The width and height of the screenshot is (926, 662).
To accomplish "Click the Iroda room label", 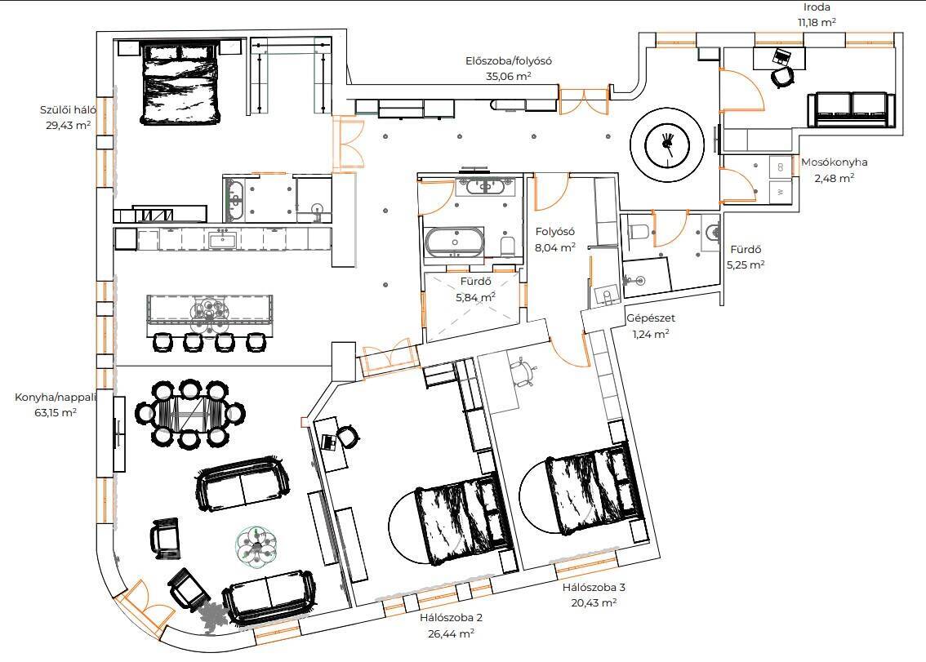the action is tap(817, 7).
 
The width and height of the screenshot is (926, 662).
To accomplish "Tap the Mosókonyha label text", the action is tap(834, 162).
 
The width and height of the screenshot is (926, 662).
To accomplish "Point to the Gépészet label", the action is tap(650, 318).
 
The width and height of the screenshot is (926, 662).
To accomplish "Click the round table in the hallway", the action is tap(667, 144).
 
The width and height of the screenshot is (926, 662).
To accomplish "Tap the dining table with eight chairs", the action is tap(190, 413).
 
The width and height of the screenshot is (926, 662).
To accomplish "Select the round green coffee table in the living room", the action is tap(257, 546).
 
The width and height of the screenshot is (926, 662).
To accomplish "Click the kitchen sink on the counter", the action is tap(222, 240).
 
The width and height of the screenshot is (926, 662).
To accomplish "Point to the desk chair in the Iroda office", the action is tap(783, 78).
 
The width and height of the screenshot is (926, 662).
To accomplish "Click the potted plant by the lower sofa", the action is tap(212, 616).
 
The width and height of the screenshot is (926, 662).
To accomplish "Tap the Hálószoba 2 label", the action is tap(452, 618).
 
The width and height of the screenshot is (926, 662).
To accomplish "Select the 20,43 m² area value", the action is tap(594, 603).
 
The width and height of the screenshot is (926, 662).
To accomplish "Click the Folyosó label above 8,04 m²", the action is tap(554, 232).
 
